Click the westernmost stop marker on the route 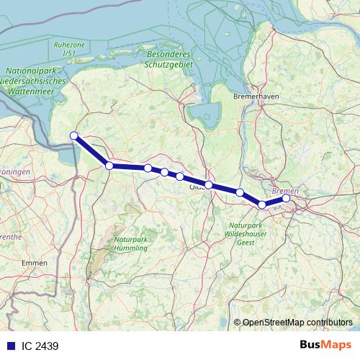tap(73, 136)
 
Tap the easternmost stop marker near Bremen tap(286, 198)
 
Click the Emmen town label tap(35, 264)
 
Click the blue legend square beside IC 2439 tap(11, 346)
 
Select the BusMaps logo tap(325, 345)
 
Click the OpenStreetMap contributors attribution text tap(297, 322)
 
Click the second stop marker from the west tap(109, 166)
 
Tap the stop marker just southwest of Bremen tap(262, 205)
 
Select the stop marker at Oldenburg tap(209, 185)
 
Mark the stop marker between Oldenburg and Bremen tap(240, 192)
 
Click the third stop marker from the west tap(148, 168)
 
